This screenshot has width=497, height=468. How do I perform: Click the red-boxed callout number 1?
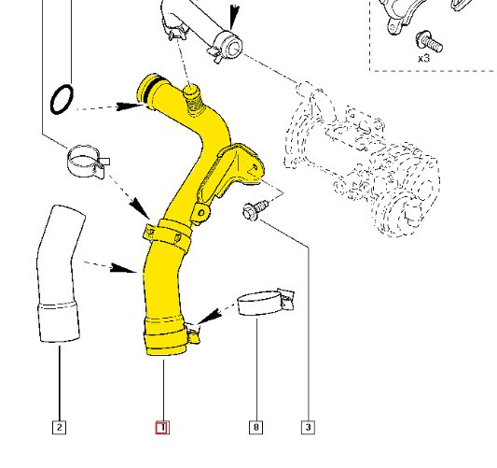(161, 428)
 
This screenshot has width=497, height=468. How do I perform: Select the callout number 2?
(59, 428)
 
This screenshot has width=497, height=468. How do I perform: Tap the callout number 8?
(255, 428)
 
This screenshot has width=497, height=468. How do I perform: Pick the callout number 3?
(308, 428)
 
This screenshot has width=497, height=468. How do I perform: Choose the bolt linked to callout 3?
(253, 211)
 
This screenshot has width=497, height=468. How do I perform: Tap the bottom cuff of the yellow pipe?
(166, 337)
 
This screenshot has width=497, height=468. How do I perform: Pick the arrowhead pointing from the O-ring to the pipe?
(131, 106)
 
